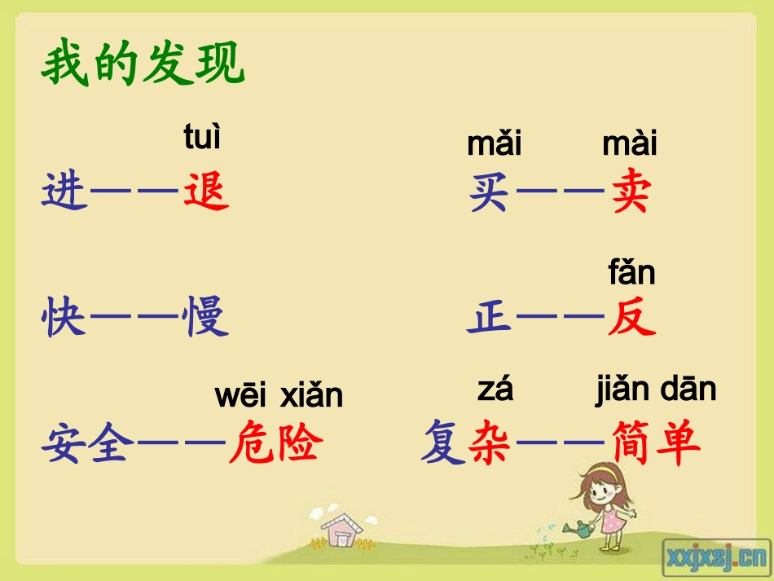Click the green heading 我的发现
143,65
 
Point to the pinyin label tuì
202,138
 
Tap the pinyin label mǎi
494,144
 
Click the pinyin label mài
629,144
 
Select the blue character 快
64,319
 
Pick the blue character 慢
207,319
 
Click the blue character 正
489,319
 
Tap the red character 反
631,319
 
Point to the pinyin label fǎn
631,272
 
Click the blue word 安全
87,445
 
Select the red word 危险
276,445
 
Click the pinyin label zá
495,391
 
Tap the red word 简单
655,445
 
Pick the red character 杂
490,445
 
